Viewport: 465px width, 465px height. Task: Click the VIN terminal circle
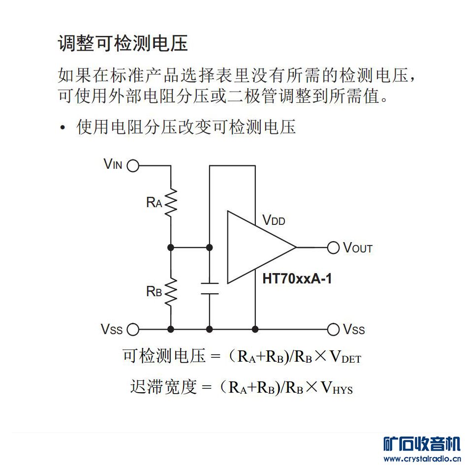[133, 166]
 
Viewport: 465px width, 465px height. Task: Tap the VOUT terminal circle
[333, 248]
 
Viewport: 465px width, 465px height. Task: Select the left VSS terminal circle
[133, 329]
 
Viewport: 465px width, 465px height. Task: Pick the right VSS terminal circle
[333, 329]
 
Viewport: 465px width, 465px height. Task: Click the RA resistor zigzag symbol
[171, 202]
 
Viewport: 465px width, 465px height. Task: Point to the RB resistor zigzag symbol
[171, 292]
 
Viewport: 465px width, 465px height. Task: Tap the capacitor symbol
[210, 288]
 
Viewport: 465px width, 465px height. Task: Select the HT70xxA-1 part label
[297, 279]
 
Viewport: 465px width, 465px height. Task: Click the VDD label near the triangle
[274, 220]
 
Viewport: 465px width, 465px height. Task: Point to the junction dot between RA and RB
[171, 248]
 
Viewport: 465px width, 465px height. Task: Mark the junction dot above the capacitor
[209, 248]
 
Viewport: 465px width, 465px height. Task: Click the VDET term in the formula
[345, 356]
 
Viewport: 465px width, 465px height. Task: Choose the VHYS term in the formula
[337, 387]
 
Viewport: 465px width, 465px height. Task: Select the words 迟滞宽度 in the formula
[163, 387]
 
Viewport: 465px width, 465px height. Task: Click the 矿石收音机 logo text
[422, 444]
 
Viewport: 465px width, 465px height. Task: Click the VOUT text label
[358, 248]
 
